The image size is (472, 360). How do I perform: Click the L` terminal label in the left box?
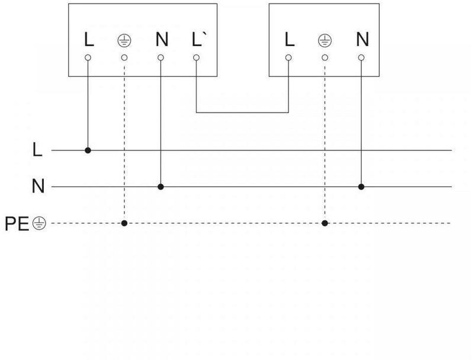pos(198,40)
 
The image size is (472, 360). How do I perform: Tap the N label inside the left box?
pos(161,40)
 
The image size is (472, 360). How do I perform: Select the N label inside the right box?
pos(362,40)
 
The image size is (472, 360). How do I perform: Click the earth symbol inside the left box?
pos(124,41)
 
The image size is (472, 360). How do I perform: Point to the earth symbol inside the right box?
pos(325,41)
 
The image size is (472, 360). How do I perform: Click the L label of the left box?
pos(89,40)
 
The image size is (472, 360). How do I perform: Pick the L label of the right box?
pos(289,40)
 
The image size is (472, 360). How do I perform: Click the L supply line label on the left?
pos(37,150)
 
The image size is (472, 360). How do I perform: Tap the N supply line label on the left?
pos(37,187)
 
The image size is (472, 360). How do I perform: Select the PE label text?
pos(17,224)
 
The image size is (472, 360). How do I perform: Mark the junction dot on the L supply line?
pos(88,150)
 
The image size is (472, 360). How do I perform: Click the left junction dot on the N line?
pos(160,187)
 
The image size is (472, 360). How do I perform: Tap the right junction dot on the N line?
pos(361,187)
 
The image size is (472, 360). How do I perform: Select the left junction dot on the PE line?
pos(124,223)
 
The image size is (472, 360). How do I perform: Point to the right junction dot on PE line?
pos(325,223)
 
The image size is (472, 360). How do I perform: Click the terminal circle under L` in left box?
pos(197,58)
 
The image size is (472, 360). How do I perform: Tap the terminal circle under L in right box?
pos(288,58)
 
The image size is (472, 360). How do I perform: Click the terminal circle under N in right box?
pos(361,58)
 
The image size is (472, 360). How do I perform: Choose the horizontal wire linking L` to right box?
pos(242,112)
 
